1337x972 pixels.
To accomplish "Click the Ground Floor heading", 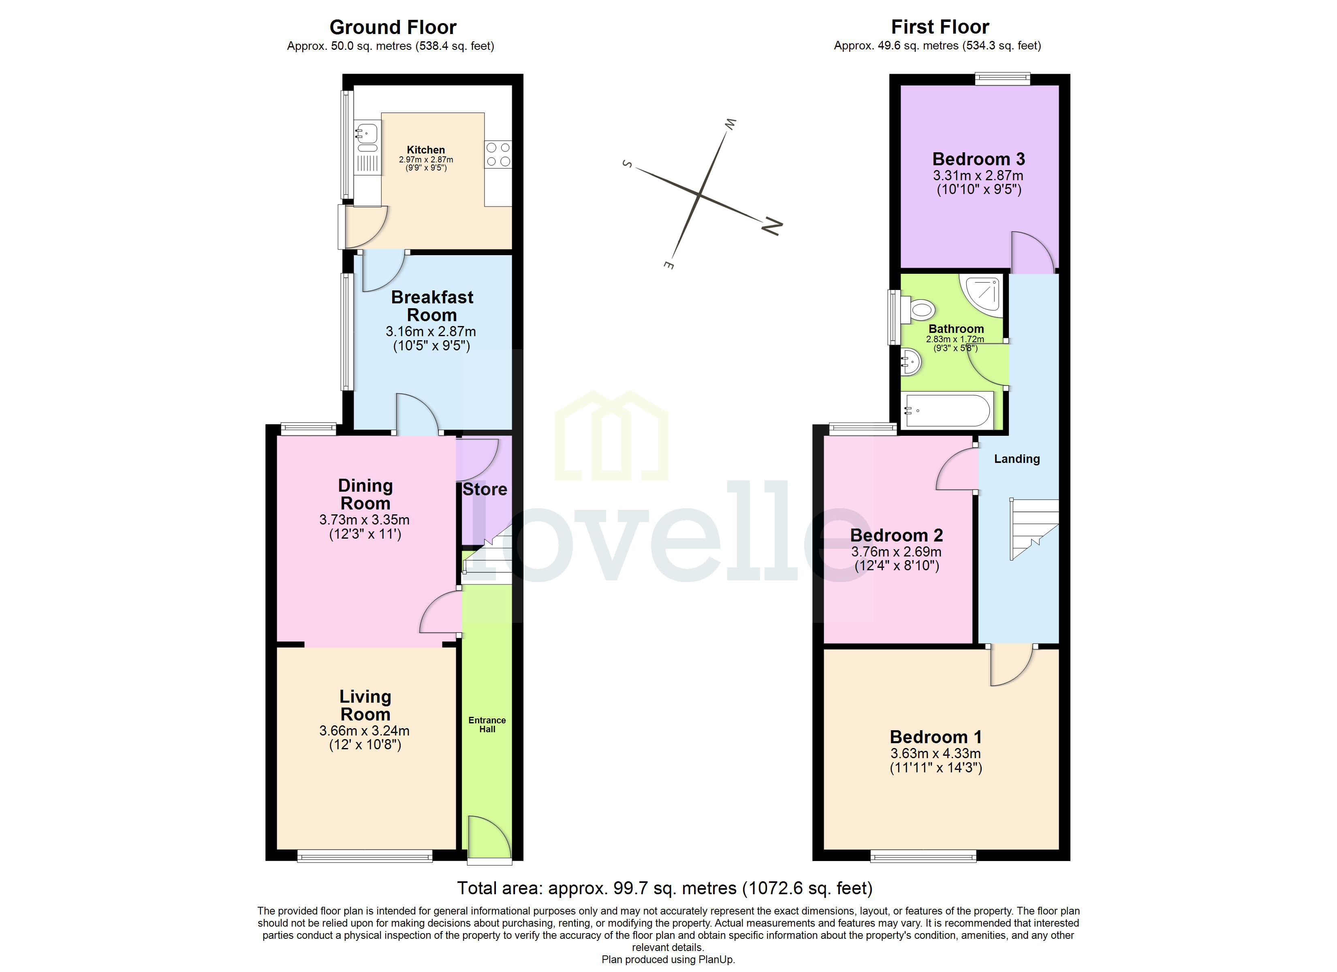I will [x=393, y=27].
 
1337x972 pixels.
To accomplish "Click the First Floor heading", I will [x=940, y=27].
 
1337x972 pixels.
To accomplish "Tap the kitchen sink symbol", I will [x=366, y=133].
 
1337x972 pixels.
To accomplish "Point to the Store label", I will [x=485, y=489].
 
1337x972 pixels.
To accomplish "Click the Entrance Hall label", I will [x=487, y=725].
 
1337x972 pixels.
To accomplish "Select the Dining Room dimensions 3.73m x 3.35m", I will [x=364, y=520].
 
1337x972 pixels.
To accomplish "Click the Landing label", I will [x=1017, y=458].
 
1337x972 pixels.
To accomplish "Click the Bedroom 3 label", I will [x=978, y=159].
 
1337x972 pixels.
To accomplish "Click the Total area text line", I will [x=665, y=888].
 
